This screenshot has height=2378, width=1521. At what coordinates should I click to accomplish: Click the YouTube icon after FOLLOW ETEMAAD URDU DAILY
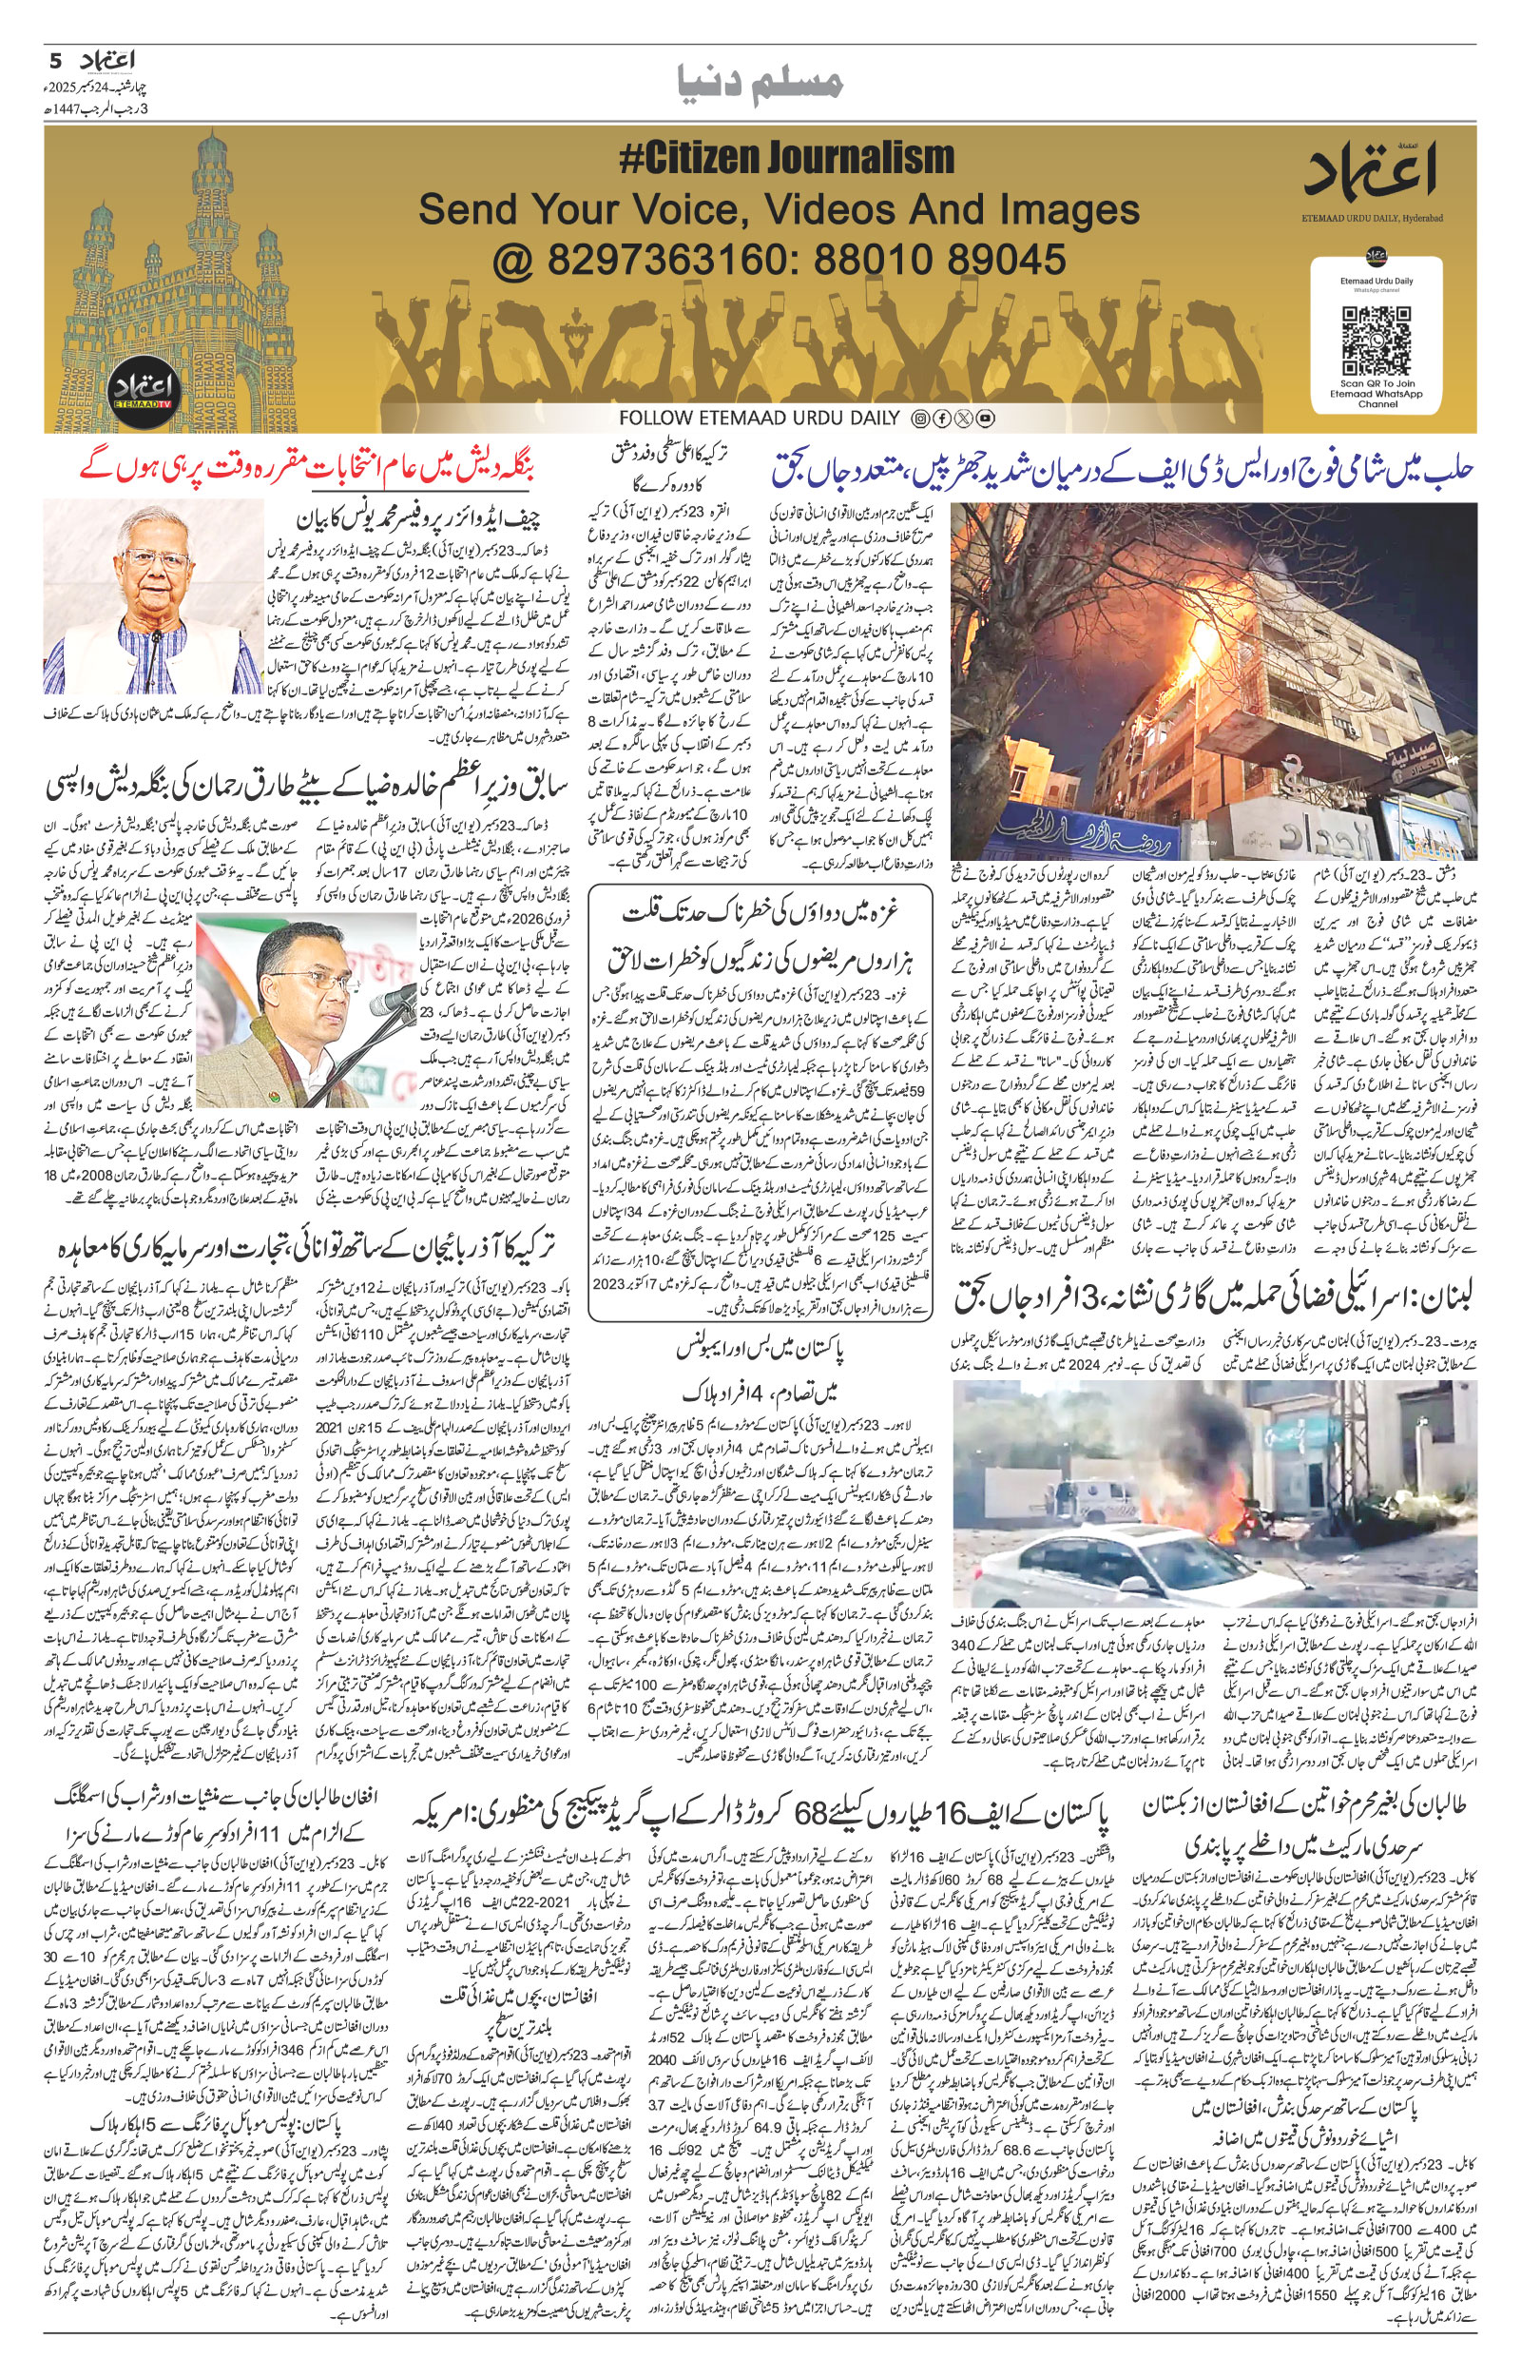[986, 419]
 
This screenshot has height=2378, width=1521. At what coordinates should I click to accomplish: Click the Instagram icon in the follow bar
[920, 419]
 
